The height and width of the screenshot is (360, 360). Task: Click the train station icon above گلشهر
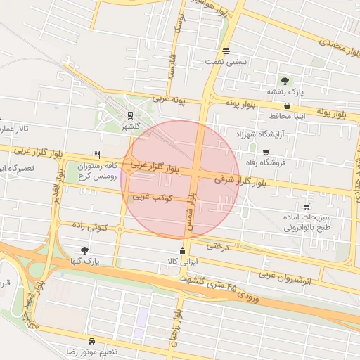click(x=130, y=116)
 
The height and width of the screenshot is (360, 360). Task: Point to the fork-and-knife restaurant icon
click(x=97, y=156)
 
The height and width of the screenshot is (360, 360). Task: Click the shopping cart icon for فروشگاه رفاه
click(x=265, y=153)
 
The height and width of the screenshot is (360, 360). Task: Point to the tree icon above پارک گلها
click(x=85, y=250)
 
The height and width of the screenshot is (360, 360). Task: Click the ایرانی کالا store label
click(x=183, y=261)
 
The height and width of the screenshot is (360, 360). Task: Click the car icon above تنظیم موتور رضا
click(x=91, y=340)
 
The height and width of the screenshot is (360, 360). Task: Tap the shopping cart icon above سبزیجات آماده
click(x=307, y=207)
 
